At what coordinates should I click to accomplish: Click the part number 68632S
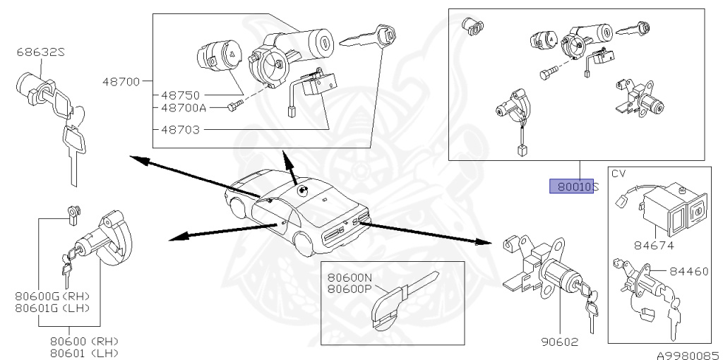coord(42,52)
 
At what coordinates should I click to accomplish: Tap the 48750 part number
coord(179,95)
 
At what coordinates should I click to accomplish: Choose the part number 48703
coord(179,130)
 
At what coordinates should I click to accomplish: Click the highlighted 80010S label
coord(574,187)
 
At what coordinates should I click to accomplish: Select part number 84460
coord(691,270)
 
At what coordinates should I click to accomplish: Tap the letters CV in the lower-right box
coord(619,174)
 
